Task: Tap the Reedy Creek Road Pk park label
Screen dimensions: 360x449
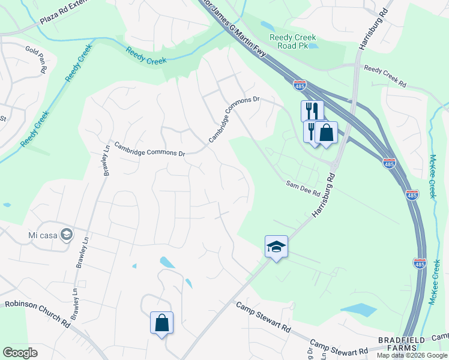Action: (293, 42)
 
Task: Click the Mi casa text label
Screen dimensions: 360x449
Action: (42, 234)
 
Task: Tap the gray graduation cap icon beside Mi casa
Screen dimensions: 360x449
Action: (68, 234)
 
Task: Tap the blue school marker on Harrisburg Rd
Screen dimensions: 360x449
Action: (276, 246)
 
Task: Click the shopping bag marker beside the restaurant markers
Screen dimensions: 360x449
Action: (326, 132)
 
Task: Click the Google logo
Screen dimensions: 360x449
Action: (20, 353)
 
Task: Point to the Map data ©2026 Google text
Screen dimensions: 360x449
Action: (411, 355)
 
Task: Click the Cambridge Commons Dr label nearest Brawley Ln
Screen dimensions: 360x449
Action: (150, 148)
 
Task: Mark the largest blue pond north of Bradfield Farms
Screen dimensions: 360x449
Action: (358, 310)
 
